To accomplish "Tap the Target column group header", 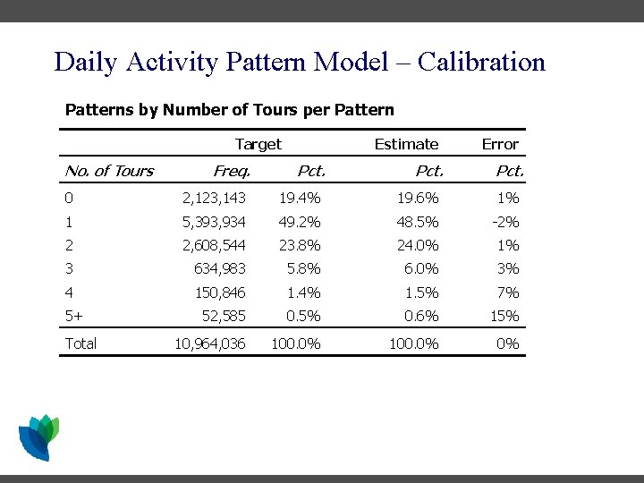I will (258, 144).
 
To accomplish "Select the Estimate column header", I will (406, 144).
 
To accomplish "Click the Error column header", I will (500, 144).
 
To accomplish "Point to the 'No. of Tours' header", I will (109, 171).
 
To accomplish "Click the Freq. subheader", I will (232, 171).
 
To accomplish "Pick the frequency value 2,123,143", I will (214, 198).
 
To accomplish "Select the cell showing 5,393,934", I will (214, 222).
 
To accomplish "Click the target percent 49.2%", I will (300, 222).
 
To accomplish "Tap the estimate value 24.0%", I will (418, 245).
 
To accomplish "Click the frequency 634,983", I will (220, 268).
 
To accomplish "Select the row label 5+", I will (74, 316).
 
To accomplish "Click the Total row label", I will (80, 343).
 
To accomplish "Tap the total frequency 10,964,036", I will (210, 343).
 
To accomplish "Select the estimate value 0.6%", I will (420, 316).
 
